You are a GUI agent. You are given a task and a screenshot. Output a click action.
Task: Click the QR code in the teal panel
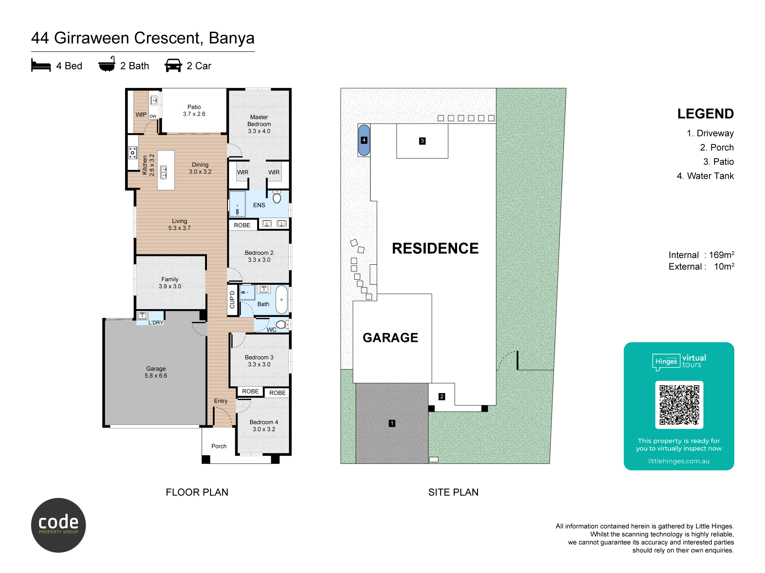pyautogui.click(x=679, y=405)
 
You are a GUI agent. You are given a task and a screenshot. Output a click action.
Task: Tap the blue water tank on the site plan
pyautogui.click(x=364, y=140)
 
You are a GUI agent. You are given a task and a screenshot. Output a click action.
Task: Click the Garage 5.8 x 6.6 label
pyautogui.click(x=156, y=372)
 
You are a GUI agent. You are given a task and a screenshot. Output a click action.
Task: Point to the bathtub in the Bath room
pyautogui.click(x=282, y=299)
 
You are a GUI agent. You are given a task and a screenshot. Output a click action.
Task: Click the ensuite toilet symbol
pyautogui.click(x=277, y=197)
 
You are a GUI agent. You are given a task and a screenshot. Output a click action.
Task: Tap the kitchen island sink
pyautogui.click(x=164, y=172)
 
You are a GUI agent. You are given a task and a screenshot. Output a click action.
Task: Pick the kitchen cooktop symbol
pyautogui.click(x=133, y=152)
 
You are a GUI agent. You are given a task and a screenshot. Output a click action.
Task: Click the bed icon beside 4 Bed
pyautogui.click(x=41, y=65)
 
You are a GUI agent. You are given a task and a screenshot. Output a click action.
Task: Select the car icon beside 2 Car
pyautogui.click(x=173, y=65)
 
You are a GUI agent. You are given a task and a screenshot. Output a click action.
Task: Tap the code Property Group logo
pyautogui.click(x=59, y=525)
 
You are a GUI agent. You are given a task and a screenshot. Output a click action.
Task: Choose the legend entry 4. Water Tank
pyautogui.click(x=705, y=176)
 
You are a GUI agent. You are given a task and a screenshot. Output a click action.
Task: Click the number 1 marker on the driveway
pyautogui.click(x=392, y=423)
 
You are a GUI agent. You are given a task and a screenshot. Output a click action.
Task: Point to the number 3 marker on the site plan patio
pyautogui.click(x=422, y=141)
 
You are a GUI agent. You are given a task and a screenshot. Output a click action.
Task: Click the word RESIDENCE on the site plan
pyautogui.click(x=435, y=248)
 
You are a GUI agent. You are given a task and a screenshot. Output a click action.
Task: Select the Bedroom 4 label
pyautogui.click(x=264, y=426)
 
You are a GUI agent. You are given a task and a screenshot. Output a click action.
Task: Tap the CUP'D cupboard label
pyautogui.click(x=232, y=299)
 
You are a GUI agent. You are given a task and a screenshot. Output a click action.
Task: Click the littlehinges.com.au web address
pyautogui.click(x=679, y=461)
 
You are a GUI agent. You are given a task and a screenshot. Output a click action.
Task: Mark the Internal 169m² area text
pyautogui.click(x=702, y=255)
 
